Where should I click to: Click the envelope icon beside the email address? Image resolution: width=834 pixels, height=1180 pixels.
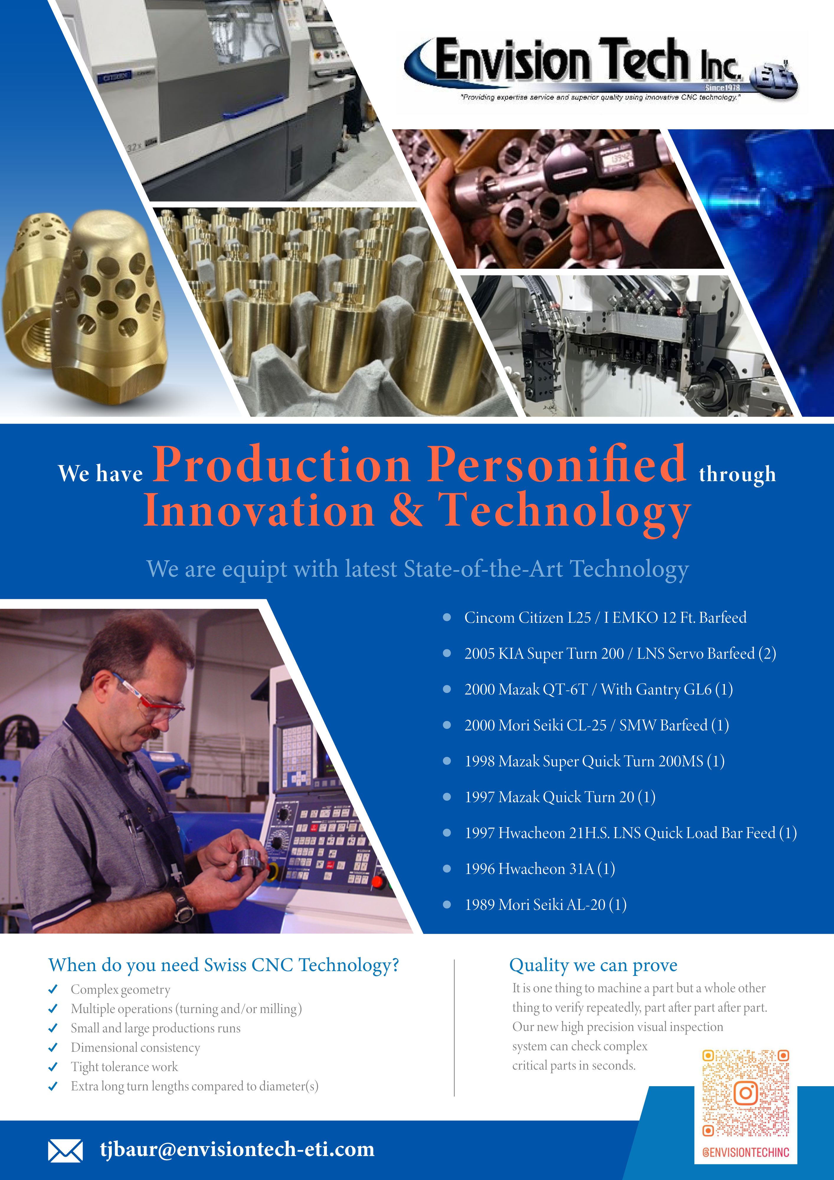65,1150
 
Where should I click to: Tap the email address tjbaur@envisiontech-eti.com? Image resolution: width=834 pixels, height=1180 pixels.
237,1149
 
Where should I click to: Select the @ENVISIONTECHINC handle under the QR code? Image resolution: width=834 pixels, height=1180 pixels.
745,1152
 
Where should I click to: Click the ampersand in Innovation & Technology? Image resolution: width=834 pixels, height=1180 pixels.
406,510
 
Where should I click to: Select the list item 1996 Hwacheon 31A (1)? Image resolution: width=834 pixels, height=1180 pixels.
540,868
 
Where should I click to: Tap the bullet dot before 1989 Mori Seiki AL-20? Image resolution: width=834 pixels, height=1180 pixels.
447,904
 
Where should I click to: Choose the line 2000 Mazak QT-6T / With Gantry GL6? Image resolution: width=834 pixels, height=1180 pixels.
598,689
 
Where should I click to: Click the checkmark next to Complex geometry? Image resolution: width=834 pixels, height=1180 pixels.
53,989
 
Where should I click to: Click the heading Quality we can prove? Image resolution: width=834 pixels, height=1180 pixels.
593,965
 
